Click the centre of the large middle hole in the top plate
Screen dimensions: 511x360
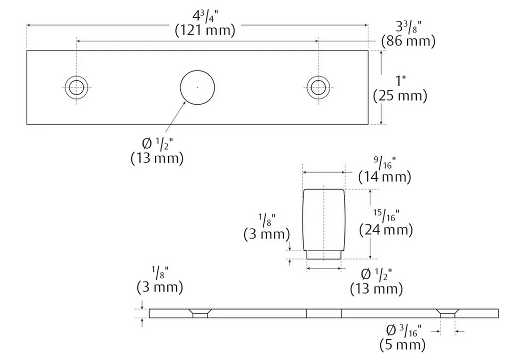(197, 87)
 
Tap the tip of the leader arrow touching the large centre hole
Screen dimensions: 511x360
(186, 101)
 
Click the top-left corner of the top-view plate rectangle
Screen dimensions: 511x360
(27, 51)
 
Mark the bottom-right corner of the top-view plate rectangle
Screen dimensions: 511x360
(368, 124)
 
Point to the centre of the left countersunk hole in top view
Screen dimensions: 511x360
(77, 87)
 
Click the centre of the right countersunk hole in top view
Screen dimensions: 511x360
(318, 87)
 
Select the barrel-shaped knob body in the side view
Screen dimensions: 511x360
(323, 220)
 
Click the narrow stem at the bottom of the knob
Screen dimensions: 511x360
(323, 255)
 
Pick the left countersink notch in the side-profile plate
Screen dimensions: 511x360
(200, 313)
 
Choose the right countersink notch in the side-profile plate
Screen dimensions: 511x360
(448, 313)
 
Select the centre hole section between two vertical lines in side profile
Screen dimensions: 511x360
(324, 313)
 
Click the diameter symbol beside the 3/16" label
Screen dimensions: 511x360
(391, 330)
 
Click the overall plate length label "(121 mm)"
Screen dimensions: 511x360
(205, 31)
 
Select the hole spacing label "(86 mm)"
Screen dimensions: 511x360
(408, 41)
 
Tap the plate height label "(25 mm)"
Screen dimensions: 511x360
(400, 96)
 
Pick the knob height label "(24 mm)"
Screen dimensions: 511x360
(386, 230)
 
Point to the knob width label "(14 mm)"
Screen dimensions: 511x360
(385, 177)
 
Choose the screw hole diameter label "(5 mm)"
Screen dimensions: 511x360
(403, 345)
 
